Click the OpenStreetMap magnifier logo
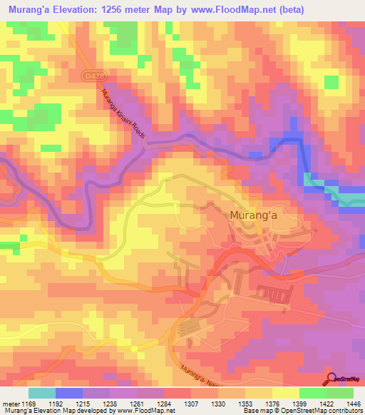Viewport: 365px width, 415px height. pos(330,378)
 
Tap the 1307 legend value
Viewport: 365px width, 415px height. pos(190,404)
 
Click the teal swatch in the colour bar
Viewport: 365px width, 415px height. pos(42,393)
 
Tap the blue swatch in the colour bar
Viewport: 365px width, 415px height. pos(69,393)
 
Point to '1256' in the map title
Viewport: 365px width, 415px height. pos(124,10)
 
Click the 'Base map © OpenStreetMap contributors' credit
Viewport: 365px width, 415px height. pos(302,411)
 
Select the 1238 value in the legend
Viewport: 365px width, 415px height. pos(110,404)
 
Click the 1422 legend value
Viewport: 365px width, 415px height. pos(326,404)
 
